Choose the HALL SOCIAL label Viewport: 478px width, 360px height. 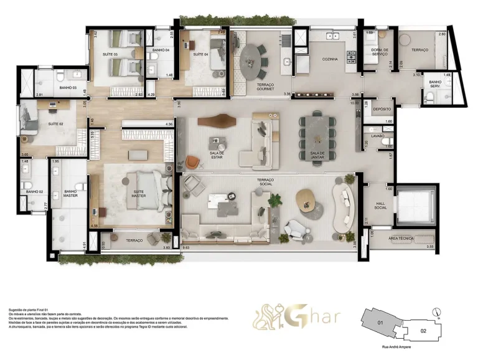coord(380,206)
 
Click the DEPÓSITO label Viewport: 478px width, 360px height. coord(382,109)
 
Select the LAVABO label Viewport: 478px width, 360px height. coord(378,135)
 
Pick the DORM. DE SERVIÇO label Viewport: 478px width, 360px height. coord(380,54)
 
